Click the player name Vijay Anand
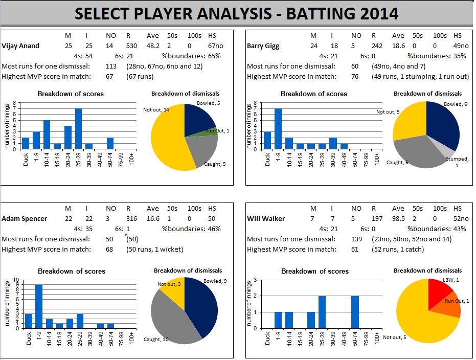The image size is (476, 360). coord(21,46)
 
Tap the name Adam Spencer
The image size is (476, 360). coord(25,218)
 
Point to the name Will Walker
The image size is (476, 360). coord(265,218)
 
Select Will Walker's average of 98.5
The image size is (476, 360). coord(398,218)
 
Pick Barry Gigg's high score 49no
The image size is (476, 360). coord(460,46)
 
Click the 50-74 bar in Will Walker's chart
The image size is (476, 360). coord(355,312)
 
